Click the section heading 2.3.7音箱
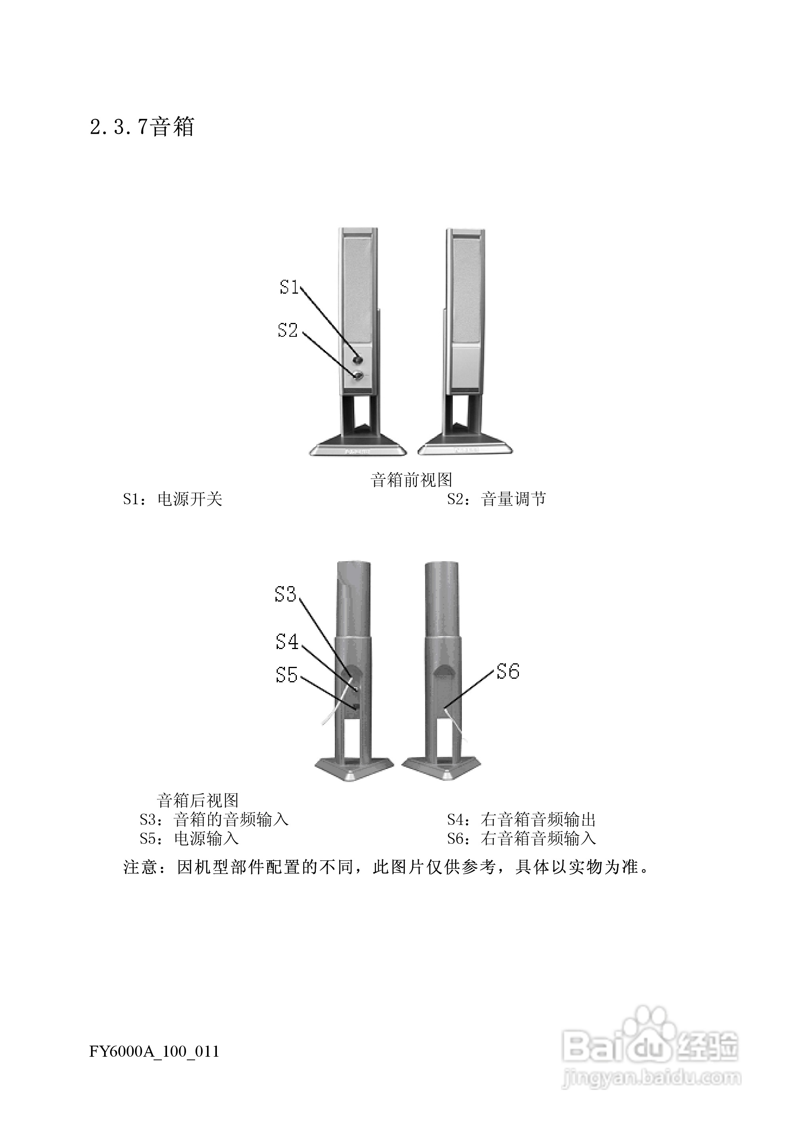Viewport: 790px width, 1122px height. pyautogui.click(x=142, y=127)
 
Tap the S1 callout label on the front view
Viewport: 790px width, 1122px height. pyautogui.click(x=289, y=287)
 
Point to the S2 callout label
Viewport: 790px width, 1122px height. pyautogui.click(x=287, y=330)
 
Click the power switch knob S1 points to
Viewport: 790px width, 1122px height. pyautogui.click(x=358, y=360)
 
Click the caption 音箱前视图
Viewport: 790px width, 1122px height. pyautogui.click(x=411, y=480)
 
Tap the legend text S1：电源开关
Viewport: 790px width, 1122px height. pyautogui.click(x=173, y=499)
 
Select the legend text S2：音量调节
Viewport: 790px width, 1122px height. pyautogui.click(x=496, y=499)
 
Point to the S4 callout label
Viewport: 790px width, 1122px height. pyautogui.click(x=287, y=642)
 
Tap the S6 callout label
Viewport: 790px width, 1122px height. pyautogui.click(x=508, y=672)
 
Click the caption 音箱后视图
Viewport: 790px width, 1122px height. pyautogui.click(x=197, y=801)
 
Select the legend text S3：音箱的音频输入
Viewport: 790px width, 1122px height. pyautogui.click(x=214, y=820)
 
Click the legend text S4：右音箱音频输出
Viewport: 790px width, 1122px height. pyautogui.click(x=521, y=820)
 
